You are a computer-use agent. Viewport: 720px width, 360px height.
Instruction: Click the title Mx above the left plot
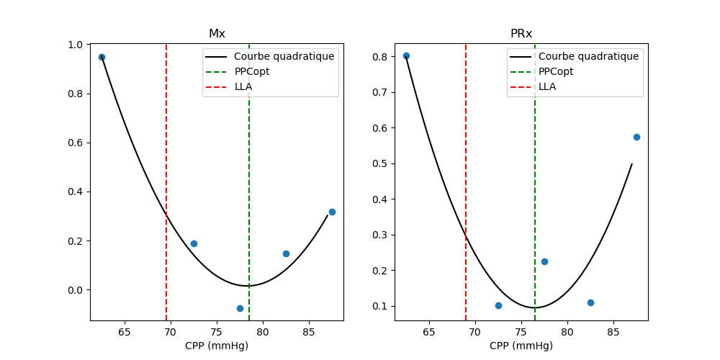point(217,34)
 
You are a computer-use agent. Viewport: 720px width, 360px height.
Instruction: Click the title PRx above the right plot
point(521,34)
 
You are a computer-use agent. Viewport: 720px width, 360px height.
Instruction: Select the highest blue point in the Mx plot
point(102,57)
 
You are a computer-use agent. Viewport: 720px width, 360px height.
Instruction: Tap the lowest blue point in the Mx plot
point(240,308)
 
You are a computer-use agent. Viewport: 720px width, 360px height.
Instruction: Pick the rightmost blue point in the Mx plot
point(332,212)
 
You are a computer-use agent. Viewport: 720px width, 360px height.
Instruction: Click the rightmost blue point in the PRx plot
point(636,137)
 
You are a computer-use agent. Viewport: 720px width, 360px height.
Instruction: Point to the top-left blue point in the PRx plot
point(406,55)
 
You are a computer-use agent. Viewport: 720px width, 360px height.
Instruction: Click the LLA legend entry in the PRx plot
point(547,86)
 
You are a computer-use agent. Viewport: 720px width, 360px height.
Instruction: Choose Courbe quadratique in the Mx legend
point(284,56)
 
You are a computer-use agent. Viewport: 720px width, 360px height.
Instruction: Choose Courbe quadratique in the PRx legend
point(588,56)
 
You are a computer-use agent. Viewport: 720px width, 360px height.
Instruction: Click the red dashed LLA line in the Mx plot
point(166,180)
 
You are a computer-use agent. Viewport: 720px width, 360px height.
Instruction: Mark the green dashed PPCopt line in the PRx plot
point(535,180)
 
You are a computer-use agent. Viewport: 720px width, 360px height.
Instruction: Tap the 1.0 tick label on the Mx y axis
point(74,45)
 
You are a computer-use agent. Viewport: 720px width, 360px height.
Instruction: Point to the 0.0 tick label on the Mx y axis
point(74,290)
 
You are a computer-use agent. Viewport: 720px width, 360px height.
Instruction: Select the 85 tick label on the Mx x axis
point(309,333)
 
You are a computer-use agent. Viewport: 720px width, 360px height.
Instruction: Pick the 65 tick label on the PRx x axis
point(429,333)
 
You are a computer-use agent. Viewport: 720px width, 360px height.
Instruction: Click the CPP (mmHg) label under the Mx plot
point(217,346)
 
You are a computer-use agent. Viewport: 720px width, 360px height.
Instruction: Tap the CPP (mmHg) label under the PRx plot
point(521,346)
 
